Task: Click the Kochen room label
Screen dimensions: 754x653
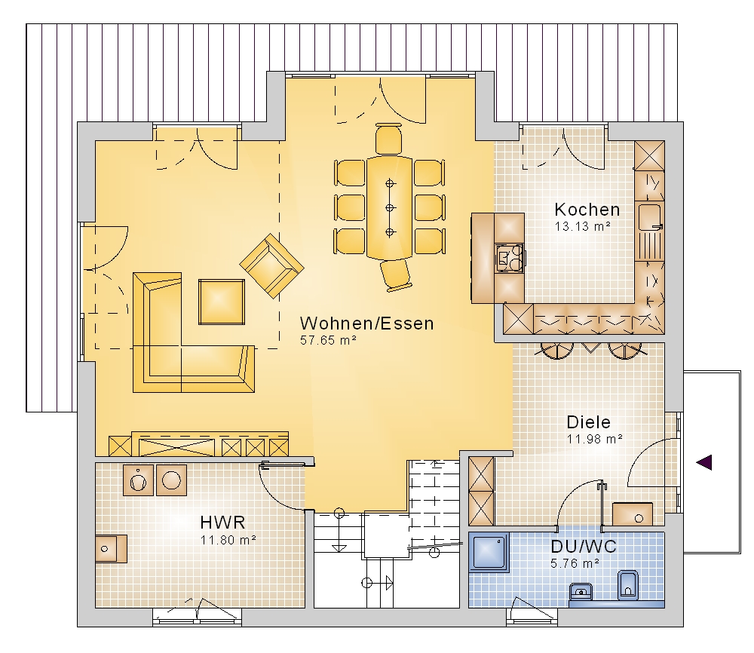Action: pyautogui.click(x=587, y=210)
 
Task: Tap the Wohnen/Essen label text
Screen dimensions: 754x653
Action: pyautogui.click(x=367, y=323)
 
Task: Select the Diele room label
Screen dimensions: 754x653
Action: pyautogui.click(x=589, y=422)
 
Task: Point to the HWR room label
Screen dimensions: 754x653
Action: pyautogui.click(x=222, y=523)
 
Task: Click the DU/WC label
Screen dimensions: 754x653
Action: pyautogui.click(x=584, y=547)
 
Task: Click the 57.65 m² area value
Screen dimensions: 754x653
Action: pyautogui.click(x=328, y=340)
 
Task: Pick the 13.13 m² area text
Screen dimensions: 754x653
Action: pyautogui.click(x=582, y=226)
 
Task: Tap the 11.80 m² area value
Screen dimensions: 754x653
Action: pyautogui.click(x=228, y=540)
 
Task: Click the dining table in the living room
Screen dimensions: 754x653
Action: pyautogui.click(x=390, y=207)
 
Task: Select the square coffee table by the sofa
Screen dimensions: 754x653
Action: pyautogui.click(x=222, y=302)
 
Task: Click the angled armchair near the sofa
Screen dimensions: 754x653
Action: pyautogui.click(x=271, y=266)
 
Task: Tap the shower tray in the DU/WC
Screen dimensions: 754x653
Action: pyautogui.click(x=489, y=552)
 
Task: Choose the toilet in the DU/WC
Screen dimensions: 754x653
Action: pyautogui.click(x=627, y=584)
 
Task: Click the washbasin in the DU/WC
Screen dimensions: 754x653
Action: pyautogui.click(x=581, y=591)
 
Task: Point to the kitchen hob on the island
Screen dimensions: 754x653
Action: pyautogui.click(x=510, y=259)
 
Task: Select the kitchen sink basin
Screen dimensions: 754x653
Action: pyautogui.click(x=649, y=217)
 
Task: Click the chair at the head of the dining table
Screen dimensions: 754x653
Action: pyautogui.click(x=388, y=139)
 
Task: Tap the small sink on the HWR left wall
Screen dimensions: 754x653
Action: pyautogui.click(x=111, y=549)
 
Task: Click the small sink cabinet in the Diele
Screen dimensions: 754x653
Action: pyautogui.click(x=633, y=514)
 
